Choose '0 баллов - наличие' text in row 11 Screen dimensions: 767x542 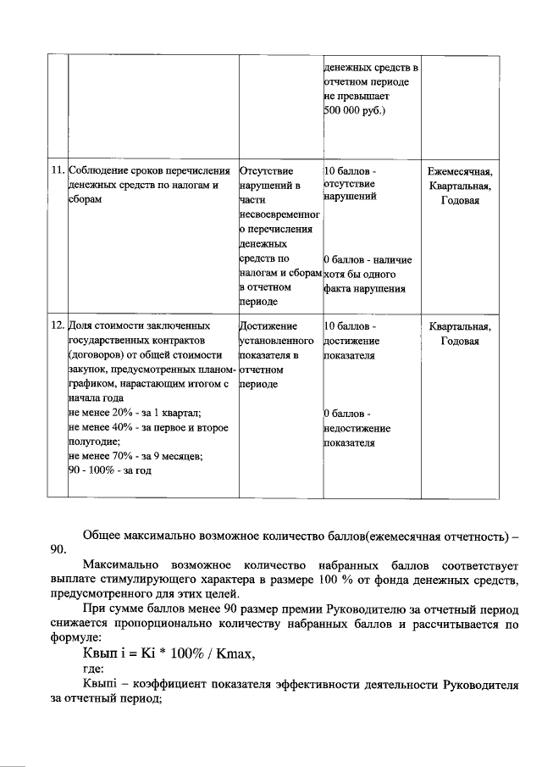[x=368, y=258]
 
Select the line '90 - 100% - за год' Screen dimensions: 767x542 [x=109, y=470]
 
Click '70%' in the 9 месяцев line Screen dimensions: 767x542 [x=121, y=456]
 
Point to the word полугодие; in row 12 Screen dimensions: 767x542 [x=93, y=442]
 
